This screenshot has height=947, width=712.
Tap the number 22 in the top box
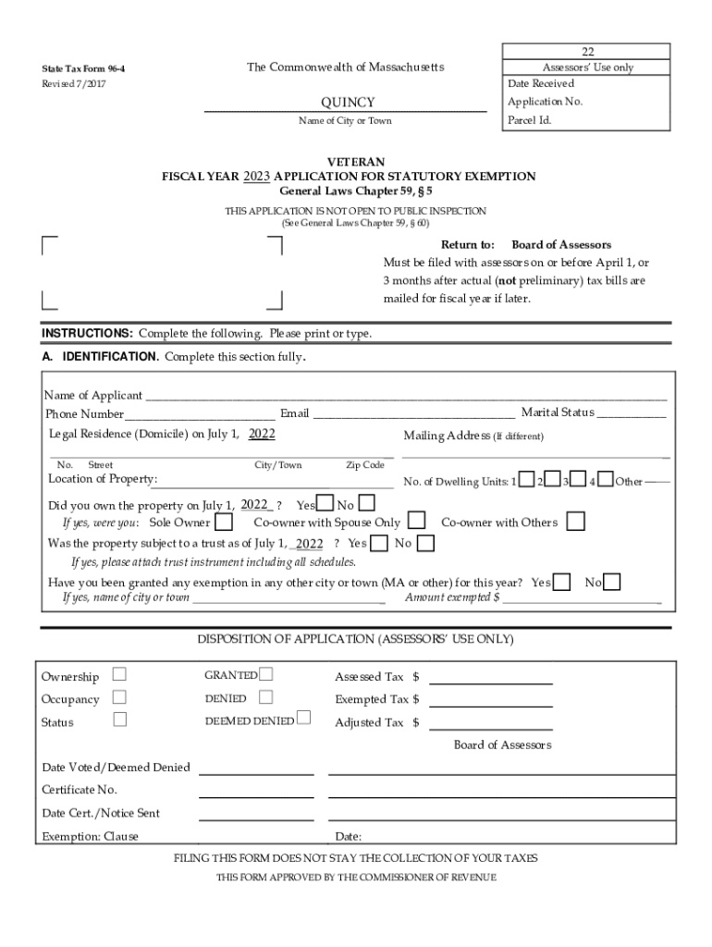point(587,51)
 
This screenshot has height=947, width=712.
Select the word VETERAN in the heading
point(349,162)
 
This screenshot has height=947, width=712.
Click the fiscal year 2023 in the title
point(256,176)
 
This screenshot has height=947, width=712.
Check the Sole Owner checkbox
point(223,523)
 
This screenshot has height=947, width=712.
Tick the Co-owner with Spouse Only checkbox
point(417,523)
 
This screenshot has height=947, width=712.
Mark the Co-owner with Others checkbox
point(575,523)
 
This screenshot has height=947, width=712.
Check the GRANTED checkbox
point(267,675)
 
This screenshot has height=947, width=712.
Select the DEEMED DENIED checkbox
point(304,719)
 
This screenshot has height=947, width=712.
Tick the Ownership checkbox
point(119,676)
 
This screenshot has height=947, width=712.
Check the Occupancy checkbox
point(119,698)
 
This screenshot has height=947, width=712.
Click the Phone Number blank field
point(200,415)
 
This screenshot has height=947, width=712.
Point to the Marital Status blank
point(632,414)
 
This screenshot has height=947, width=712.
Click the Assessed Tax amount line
point(491,679)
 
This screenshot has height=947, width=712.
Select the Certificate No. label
point(80,790)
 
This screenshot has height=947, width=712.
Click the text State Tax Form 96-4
point(84,68)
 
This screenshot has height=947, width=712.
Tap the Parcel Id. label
point(530,120)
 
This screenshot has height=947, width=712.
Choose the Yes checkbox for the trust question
point(379,544)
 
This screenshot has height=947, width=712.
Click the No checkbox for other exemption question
point(612,582)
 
